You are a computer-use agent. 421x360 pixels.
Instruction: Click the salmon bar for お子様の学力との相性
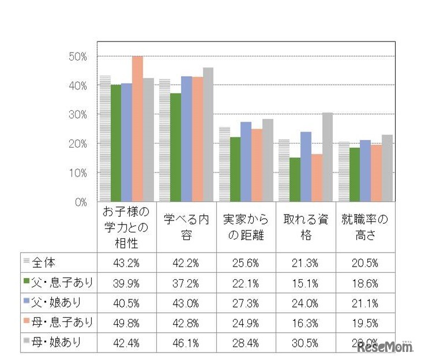(137, 129)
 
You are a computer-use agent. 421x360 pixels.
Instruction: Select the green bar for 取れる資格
(295, 179)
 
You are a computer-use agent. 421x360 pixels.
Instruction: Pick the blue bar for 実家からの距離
(246, 162)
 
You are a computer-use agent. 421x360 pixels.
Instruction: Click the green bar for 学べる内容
(175, 147)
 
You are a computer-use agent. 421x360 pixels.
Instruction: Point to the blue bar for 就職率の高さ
(365, 171)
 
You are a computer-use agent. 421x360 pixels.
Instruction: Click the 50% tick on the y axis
(77, 57)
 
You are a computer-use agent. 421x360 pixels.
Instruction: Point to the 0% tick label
(80, 202)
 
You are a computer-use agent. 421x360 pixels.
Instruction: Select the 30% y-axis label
(77, 115)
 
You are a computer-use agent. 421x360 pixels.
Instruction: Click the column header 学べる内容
(186, 227)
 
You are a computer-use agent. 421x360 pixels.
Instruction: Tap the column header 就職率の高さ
(365, 227)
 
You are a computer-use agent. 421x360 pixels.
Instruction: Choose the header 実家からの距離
(246, 227)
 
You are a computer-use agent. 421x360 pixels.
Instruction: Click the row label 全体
(44, 262)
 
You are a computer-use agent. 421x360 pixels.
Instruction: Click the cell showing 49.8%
(126, 322)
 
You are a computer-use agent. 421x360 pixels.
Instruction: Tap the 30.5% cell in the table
(305, 342)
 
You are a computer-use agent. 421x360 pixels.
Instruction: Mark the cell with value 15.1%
(305, 282)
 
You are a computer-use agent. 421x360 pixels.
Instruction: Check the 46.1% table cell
(186, 342)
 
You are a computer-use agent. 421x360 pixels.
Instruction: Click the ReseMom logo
(384, 347)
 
